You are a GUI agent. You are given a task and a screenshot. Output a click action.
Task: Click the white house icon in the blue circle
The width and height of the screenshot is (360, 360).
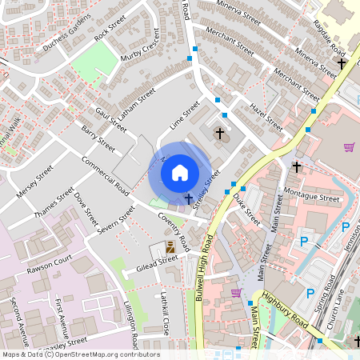click(180, 172)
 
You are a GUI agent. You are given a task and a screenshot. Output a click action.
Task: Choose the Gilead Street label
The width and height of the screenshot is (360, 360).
click(156, 262)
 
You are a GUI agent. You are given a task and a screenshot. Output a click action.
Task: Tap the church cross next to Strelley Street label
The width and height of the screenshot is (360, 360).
click(188, 197)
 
